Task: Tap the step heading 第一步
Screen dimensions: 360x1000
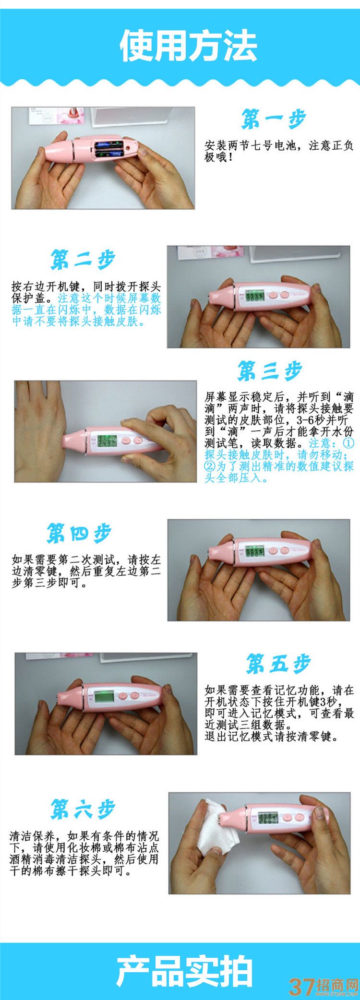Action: pos(274,119)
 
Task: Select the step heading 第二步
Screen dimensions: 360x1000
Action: pos(83,260)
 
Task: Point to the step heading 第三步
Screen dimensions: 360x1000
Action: pos(270,371)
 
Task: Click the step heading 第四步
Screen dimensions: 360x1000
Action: pos(79,533)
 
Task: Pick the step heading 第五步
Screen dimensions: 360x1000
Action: pos(278,664)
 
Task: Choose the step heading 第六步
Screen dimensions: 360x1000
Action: pos(83,810)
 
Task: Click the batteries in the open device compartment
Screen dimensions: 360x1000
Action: pos(110,148)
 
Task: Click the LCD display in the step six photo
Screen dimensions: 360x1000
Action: pos(268,818)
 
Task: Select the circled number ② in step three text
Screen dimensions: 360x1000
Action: pos(210,466)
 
